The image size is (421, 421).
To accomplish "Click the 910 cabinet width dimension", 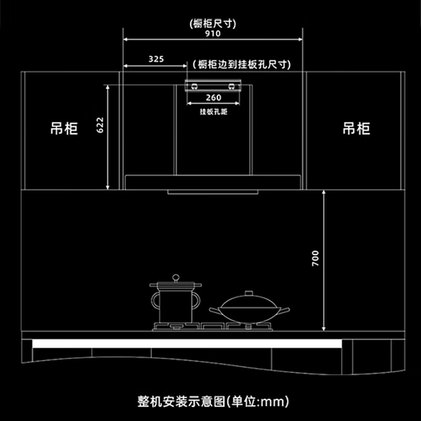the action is [213, 34].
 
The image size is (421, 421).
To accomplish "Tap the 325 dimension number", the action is [156, 59].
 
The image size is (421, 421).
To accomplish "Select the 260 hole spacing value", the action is [214, 97].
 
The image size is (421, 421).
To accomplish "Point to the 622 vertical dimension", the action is [100, 125].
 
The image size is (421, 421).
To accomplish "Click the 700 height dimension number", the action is [315, 258].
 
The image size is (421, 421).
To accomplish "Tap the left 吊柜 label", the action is [64, 128].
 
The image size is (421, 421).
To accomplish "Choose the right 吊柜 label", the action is [356, 128].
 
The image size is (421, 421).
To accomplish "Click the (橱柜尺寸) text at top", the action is [213, 24].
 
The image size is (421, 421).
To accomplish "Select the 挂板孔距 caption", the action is [214, 112].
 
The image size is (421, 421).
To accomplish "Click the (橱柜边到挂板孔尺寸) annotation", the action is [242, 64].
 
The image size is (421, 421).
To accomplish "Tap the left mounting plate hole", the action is [194, 86].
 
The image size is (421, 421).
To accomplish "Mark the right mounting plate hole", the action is [231, 86].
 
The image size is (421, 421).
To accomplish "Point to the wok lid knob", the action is [249, 293].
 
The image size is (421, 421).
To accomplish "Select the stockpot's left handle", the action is [155, 300].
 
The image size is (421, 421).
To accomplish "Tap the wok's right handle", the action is [285, 310].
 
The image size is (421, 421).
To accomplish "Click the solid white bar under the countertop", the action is [187, 344].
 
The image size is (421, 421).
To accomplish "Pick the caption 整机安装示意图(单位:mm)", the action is [214, 402].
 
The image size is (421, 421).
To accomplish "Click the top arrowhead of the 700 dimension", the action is [324, 192].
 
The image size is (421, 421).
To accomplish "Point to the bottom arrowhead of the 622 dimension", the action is [108, 187].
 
